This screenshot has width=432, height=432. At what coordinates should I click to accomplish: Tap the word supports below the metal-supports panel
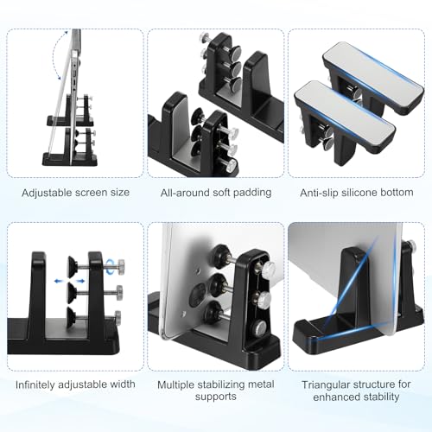coord(216,397)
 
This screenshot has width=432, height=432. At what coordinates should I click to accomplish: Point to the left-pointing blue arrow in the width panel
coord(59,281)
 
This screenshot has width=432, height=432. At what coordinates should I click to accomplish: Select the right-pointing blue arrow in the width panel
coord(80,281)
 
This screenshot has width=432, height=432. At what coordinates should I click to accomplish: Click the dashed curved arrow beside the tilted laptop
coord(56,54)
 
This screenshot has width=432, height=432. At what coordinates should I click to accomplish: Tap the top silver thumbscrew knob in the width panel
coord(120,264)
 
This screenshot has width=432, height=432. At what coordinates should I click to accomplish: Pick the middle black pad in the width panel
coord(72,293)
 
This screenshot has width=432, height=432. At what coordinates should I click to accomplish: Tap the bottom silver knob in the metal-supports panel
coord(258,327)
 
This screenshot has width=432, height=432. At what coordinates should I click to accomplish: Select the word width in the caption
coord(122,384)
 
